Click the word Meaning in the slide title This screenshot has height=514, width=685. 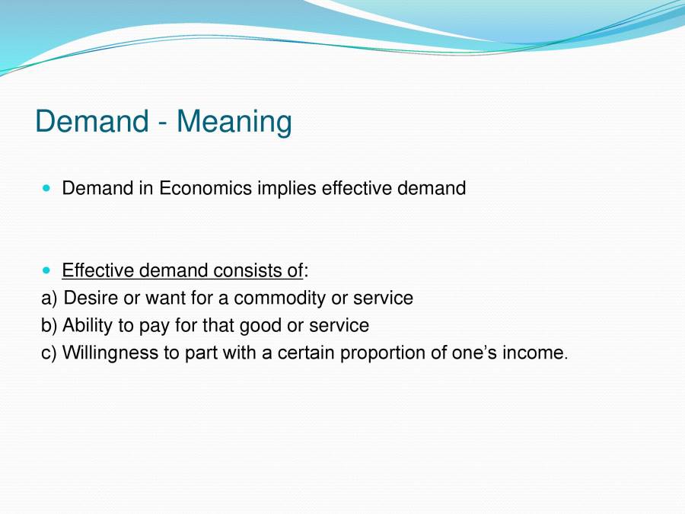(234, 123)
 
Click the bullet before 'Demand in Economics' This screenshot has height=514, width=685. (48, 187)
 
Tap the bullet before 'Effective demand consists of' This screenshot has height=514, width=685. (48, 270)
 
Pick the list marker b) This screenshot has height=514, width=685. (49, 326)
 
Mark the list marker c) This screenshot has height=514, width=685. (49, 353)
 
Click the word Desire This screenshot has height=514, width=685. (91, 299)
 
